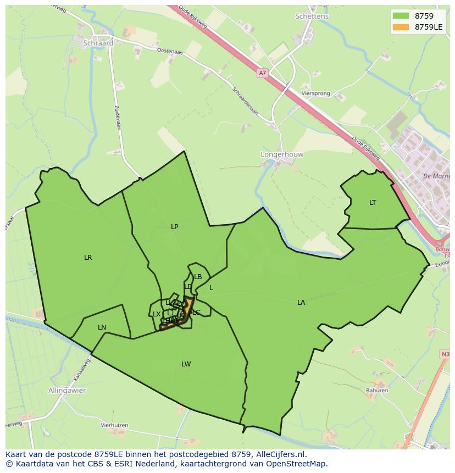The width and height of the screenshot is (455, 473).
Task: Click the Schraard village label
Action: pyautogui.click(x=98, y=43)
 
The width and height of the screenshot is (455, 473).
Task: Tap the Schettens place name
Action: pyautogui.click(x=312, y=16)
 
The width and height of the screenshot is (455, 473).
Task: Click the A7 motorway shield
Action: pyautogui.click(x=262, y=73)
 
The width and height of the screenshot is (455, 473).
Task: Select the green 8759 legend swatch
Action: pyautogui.click(x=401, y=16)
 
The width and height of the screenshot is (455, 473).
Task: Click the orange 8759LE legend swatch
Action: pyautogui.click(x=401, y=27)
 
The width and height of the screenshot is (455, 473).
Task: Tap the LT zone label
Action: pyautogui.click(x=373, y=203)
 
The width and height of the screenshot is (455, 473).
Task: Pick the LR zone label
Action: pyautogui.click(x=88, y=257)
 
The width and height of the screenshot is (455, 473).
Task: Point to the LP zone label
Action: pyautogui.click(x=174, y=226)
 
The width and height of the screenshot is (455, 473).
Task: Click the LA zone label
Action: pyautogui.click(x=301, y=303)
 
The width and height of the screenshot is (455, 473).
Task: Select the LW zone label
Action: pyautogui.click(x=186, y=364)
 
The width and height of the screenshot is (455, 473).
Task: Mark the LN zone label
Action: pyautogui.click(x=102, y=327)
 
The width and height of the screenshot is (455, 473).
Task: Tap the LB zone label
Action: pyautogui.click(x=198, y=277)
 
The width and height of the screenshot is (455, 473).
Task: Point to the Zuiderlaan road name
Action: pyautogui.click(x=118, y=116)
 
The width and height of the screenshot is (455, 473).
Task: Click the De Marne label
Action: pyautogui.click(x=437, y=177)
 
